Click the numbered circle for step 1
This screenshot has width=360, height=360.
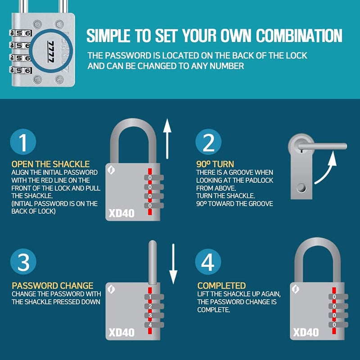(23, 142)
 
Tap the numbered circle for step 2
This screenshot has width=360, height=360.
(208, 142)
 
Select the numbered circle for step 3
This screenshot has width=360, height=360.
(23, 261)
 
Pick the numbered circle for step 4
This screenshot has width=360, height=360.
(208, 262)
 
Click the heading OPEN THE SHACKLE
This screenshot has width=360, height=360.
(50, 164)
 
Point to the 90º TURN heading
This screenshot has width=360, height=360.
(215, 164)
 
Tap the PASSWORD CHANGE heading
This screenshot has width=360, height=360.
(53, 286)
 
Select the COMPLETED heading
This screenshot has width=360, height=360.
(221, 286)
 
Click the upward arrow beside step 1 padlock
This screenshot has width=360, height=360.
(167, 139)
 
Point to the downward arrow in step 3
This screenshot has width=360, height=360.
(173, 264)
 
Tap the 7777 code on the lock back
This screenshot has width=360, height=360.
(51, 52)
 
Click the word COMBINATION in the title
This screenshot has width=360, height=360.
(299, 36)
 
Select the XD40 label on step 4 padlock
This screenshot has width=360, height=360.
(306, 332)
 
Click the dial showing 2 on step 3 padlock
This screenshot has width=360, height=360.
(154, 306)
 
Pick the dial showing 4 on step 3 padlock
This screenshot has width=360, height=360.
(154, 324)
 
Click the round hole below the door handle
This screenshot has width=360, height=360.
(301, 188)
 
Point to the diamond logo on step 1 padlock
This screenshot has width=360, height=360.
(111, 170)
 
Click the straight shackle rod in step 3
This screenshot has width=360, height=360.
(153, 262)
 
